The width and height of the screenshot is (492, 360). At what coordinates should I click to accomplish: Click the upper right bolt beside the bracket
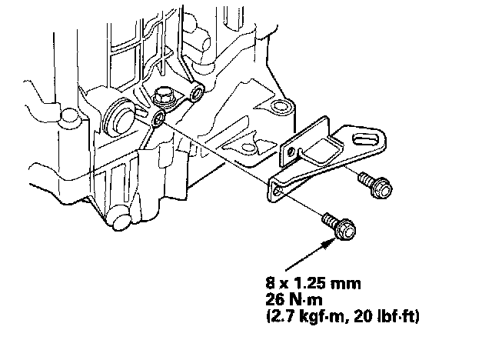point(377,185)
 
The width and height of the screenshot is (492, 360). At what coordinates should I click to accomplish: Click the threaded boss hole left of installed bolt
point(157,118)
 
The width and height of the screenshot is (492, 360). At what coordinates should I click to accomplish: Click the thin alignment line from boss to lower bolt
point(238,166)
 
